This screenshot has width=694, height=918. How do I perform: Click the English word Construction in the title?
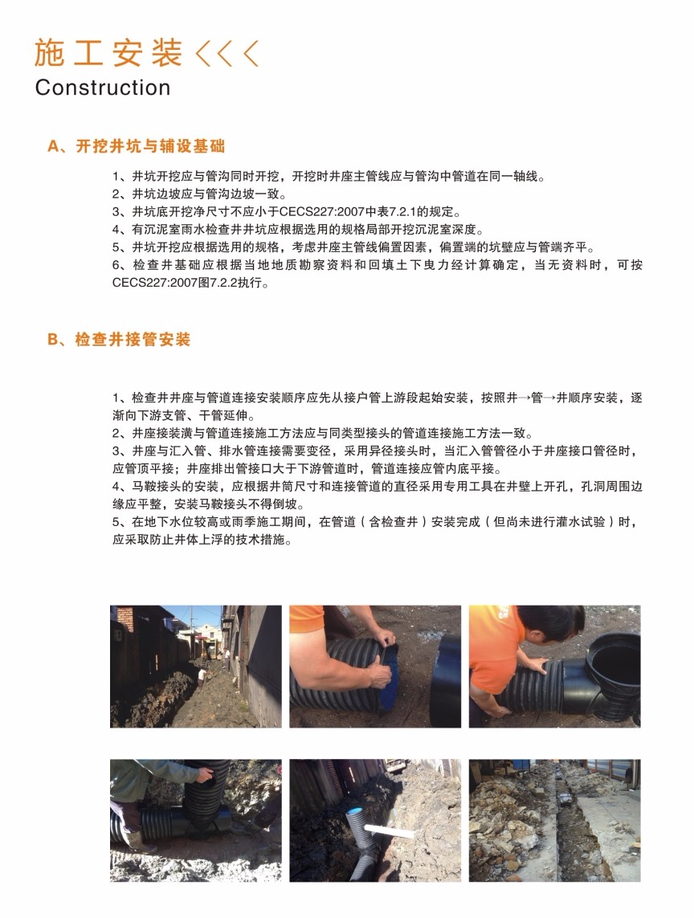tap(102, 88)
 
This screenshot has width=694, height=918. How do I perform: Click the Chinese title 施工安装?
tap(108, 53)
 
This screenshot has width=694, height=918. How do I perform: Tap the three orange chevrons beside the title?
tap(227, 53)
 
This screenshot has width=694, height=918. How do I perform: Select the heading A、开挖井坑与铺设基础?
tap(136, 146)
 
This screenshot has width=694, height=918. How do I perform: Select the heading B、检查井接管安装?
tap(119, 340)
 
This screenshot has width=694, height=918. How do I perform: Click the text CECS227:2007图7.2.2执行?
tap(190, 283)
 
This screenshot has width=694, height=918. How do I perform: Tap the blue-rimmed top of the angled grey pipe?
tap(353, 814)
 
